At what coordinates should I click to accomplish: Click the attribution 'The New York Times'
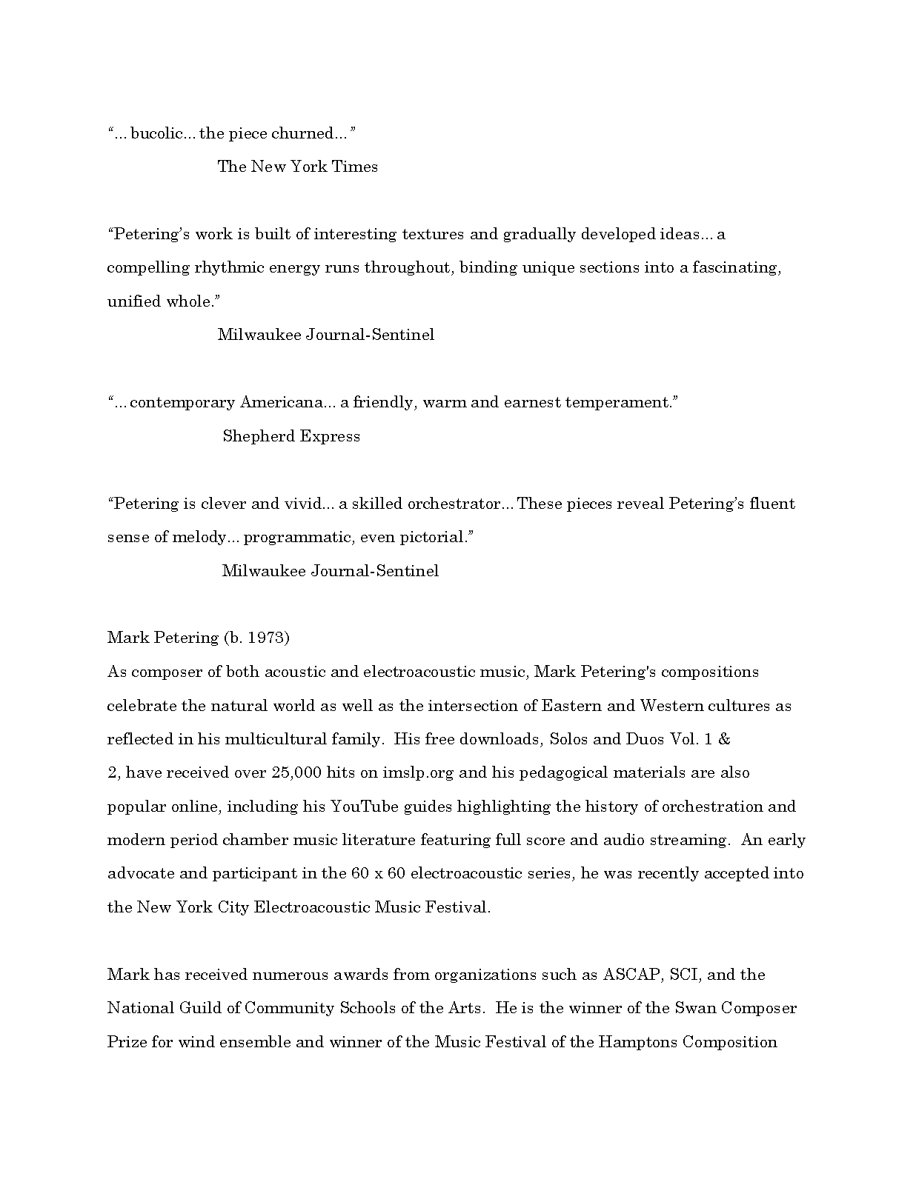click(297, 167)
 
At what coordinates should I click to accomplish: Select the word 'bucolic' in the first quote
click(153, 133)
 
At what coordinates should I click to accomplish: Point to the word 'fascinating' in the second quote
click(737, 267)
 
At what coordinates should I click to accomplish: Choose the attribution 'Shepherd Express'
click(291, 436)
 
